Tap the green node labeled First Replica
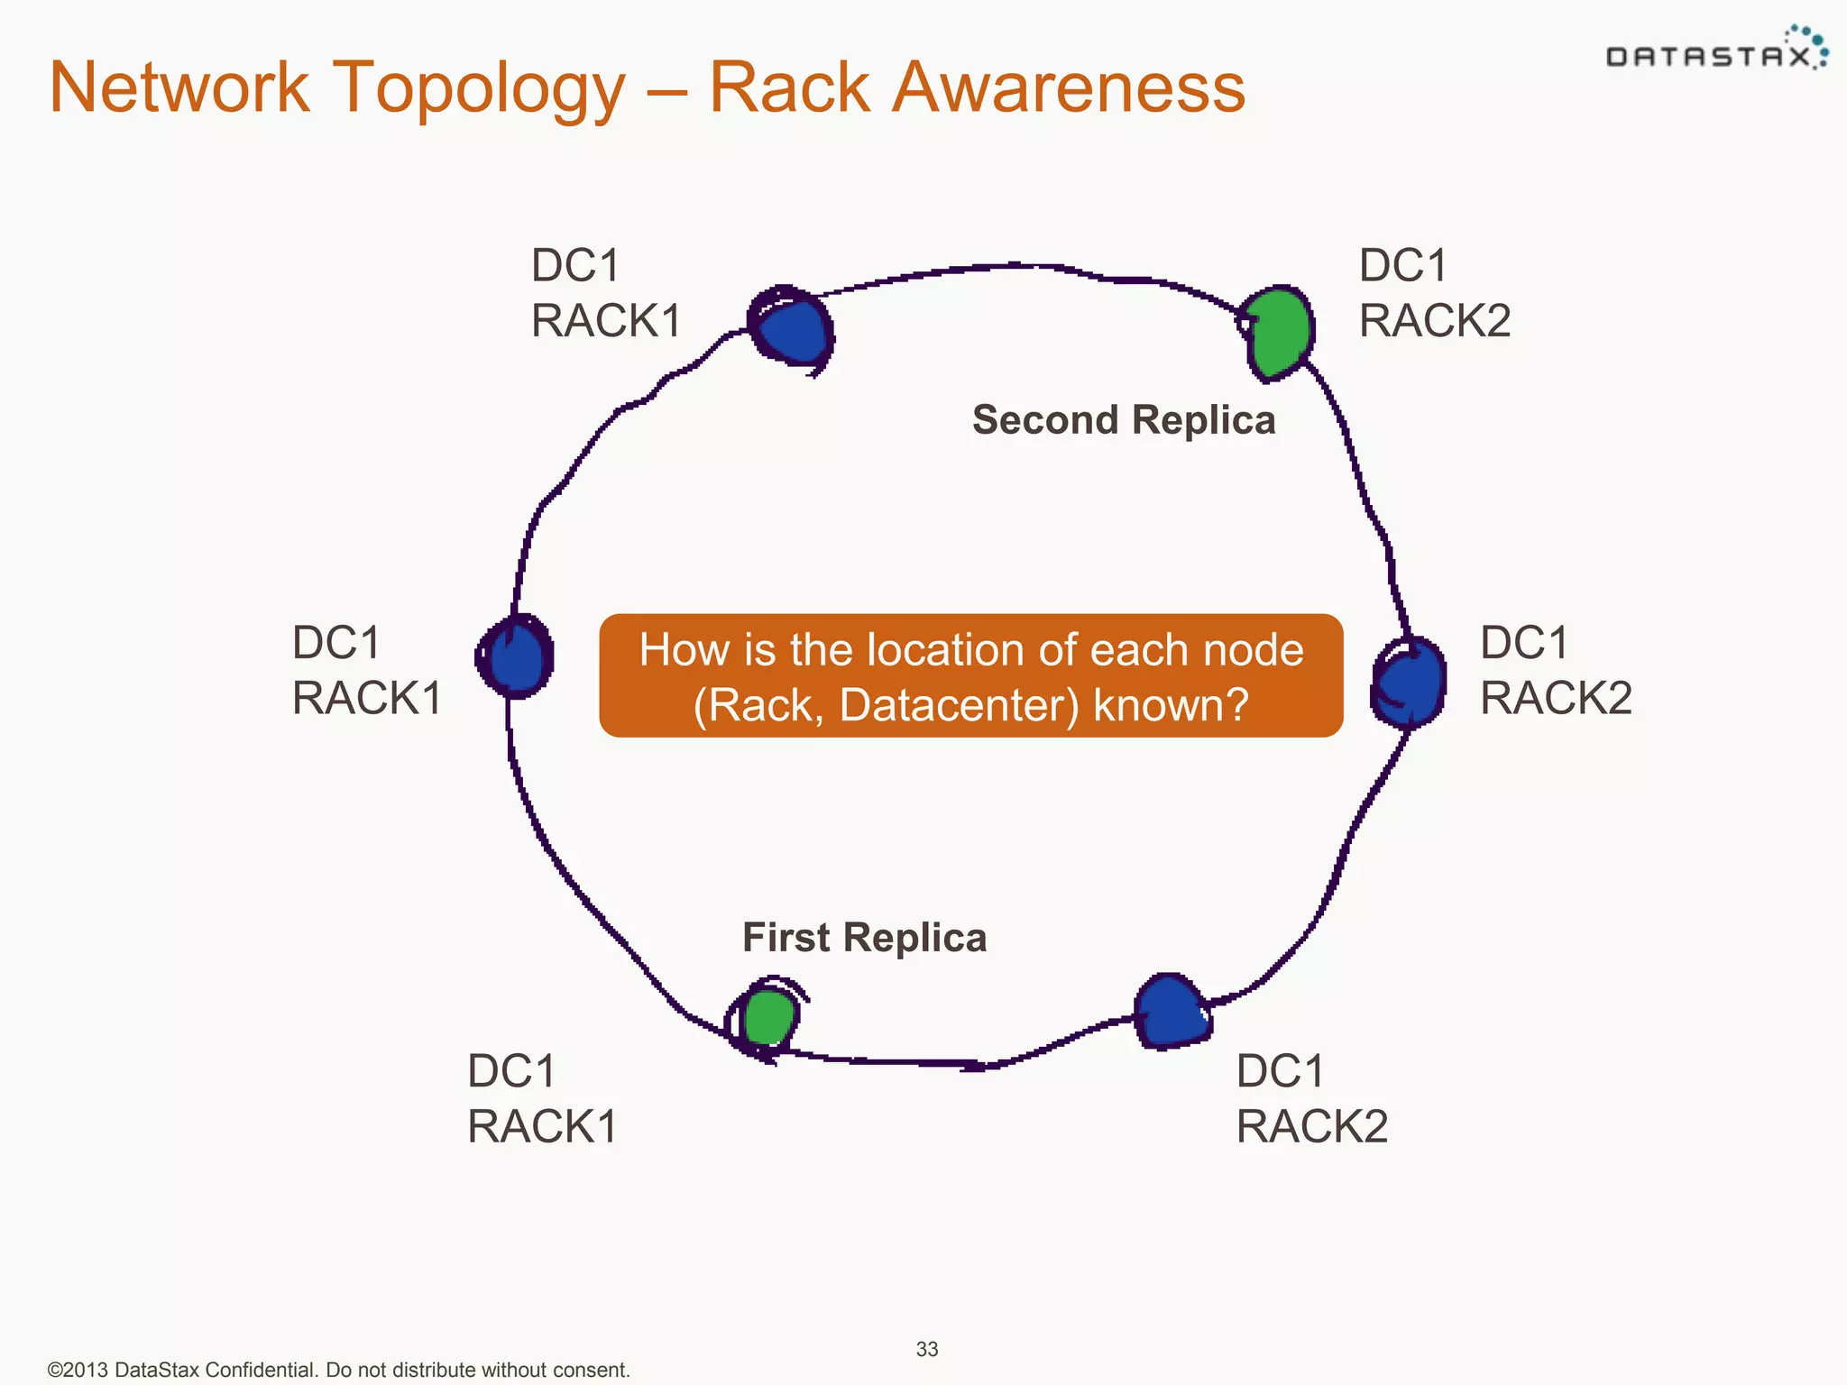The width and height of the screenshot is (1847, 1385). [768, 1017]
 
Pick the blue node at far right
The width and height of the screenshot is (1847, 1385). [1410, 682]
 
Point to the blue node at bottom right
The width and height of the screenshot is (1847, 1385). [1170, 1012]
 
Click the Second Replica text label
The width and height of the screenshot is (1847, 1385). [1124, 420]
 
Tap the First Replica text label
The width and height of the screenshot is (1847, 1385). [864, 938]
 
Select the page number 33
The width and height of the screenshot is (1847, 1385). [927, 1349]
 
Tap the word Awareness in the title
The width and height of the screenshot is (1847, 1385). [1068, 87]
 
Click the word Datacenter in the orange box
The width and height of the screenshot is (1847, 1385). [959, 706]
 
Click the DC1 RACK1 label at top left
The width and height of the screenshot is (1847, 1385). [606, 293]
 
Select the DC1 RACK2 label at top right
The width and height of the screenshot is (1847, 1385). [1434, 293]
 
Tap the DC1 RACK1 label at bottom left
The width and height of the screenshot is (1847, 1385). [542, 1098]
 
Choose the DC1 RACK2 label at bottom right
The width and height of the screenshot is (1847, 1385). [1311, 1098]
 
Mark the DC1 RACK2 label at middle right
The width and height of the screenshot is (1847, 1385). [1556, 670]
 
